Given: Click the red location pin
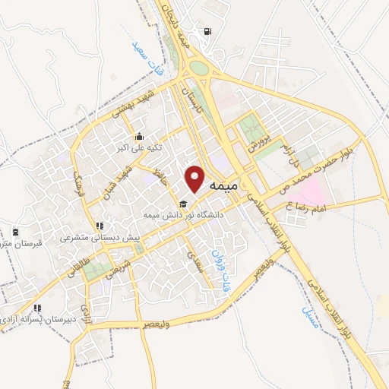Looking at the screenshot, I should [196, 178].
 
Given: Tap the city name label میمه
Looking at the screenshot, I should [222, 185].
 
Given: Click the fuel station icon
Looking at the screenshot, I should [206, 32].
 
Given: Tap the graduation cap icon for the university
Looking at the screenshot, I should [182, 204].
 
